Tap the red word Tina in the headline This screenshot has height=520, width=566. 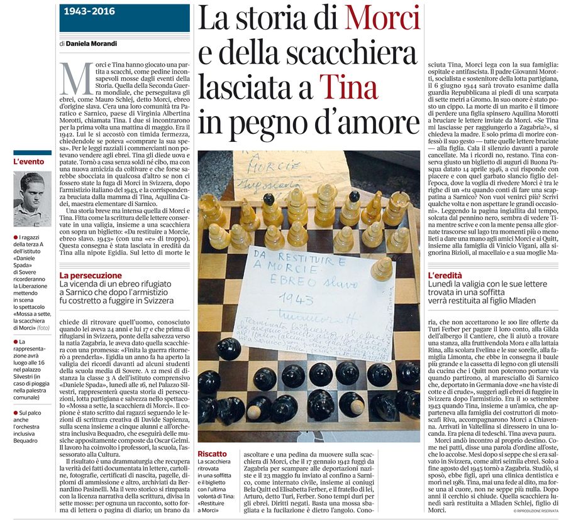point(348,87)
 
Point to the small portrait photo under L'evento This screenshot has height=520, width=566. point(32,199)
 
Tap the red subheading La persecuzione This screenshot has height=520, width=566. point(91,275)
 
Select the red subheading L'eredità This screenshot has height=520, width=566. point(445,275)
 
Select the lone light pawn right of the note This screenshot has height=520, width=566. point(381,268)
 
